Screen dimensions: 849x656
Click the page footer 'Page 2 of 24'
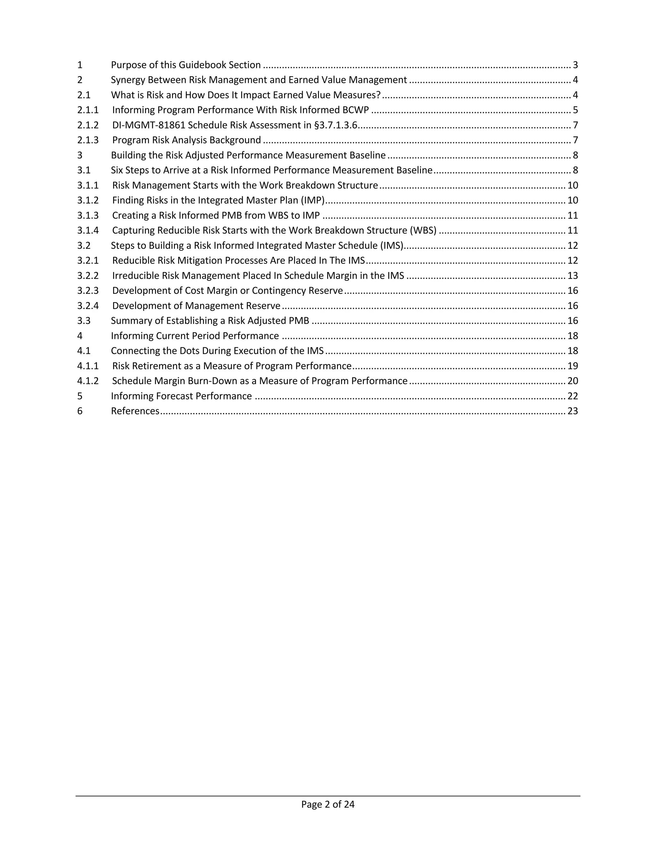pos(328,804)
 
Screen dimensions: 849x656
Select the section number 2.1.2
pos(88,125)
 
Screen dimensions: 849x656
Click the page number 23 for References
pos(572,411)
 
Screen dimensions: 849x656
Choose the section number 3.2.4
pos(88,306)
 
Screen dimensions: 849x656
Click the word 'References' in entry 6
pos(135,411)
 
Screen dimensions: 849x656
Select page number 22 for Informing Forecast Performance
pos(572,396)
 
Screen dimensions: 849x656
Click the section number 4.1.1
pos(88,366)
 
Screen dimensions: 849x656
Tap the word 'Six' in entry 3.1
pos(117,170)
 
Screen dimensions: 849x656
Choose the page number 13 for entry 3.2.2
pos(572,276)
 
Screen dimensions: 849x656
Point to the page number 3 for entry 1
pos(575,65)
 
